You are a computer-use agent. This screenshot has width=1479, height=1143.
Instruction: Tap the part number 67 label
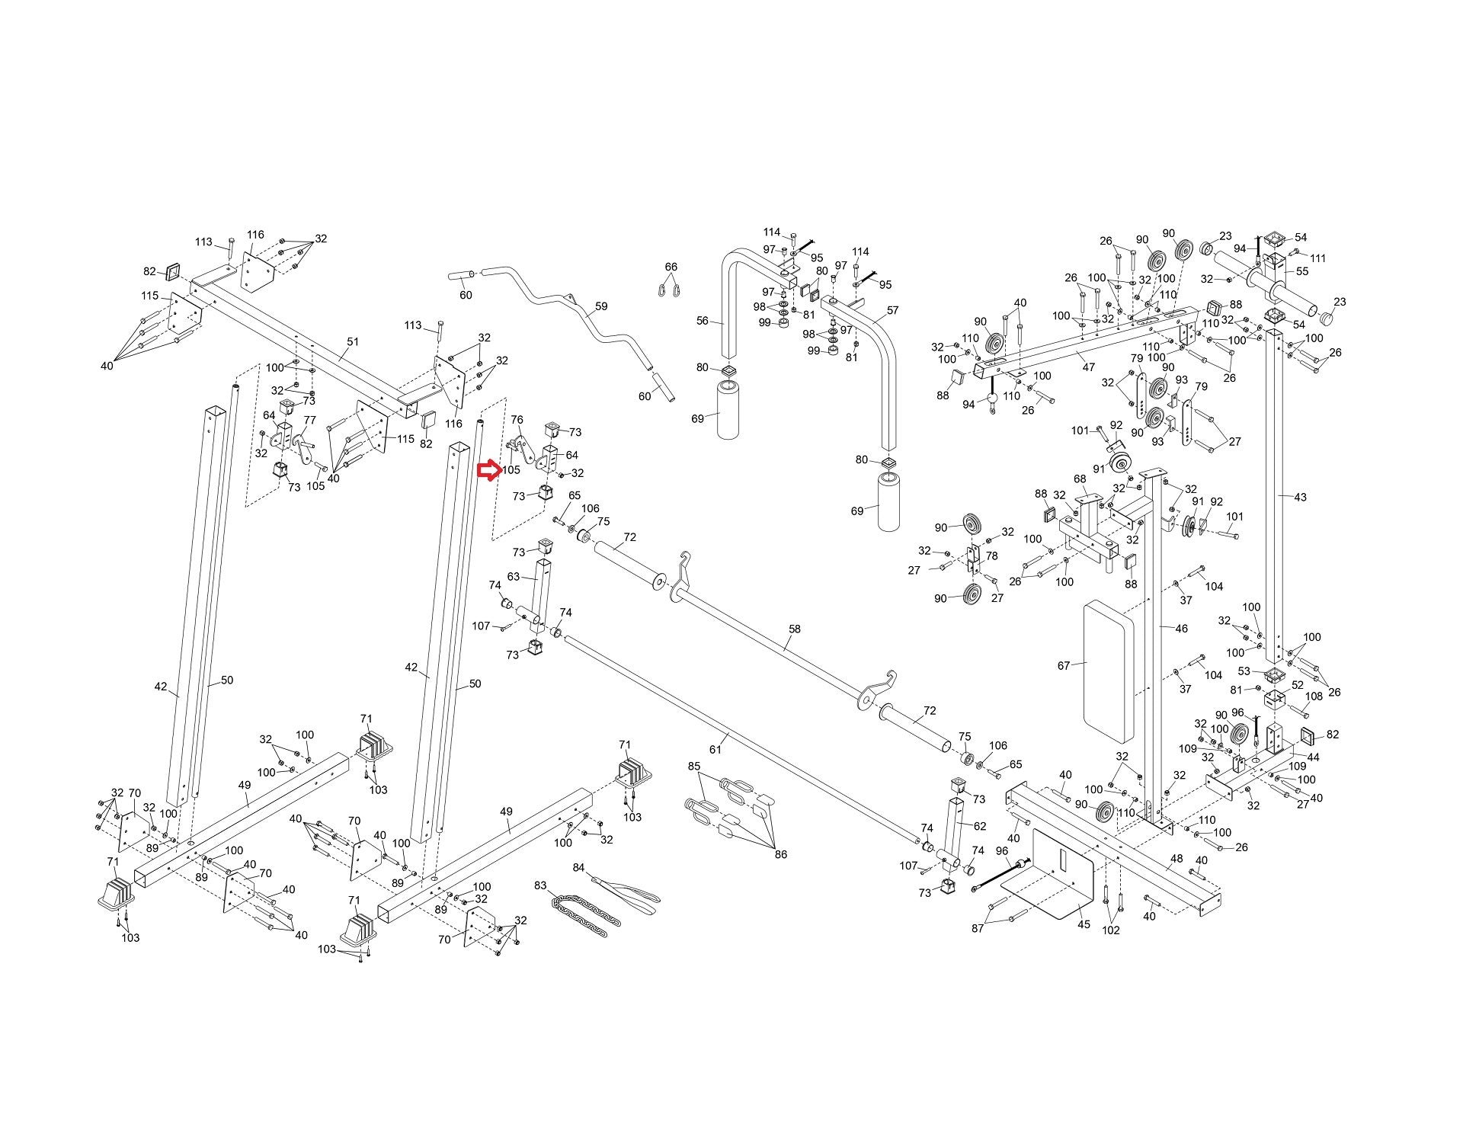(x=1064, y=665)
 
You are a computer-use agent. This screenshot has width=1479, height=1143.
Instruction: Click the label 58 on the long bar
(x=795, y=629)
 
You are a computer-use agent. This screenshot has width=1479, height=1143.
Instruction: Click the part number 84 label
(x=578, y=868)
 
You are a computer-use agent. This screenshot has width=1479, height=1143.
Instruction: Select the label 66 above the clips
(x=671, y=267)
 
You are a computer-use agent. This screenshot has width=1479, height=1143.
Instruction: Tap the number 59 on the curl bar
(x=601, y=306)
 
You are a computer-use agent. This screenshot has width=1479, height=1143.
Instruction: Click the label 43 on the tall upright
(x=1300, y=497)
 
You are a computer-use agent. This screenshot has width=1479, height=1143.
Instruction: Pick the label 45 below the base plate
(x=1084, y=924)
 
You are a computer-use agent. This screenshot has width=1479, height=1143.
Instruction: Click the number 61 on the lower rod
(x=715, y=749)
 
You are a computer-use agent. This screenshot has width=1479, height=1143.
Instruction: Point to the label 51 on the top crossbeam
(x=352, y=341)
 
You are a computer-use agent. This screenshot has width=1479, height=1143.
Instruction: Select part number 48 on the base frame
(x=1176, y=859)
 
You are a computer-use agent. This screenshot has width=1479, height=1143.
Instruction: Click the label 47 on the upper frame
(x=1088, y=367)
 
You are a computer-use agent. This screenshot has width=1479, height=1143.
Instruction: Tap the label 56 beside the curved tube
(x=703, y=321)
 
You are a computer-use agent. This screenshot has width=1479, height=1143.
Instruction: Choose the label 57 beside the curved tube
(x=892, y=310)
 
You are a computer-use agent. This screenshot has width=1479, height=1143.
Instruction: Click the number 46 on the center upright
(x=1181, y=629)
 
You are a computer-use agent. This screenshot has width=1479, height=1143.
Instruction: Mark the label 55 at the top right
(x=1301, y=271)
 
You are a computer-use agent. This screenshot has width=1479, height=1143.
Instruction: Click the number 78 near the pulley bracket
(x=991, y=556)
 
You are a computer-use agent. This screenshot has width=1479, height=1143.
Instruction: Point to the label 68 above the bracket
(x=1080, y=479)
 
